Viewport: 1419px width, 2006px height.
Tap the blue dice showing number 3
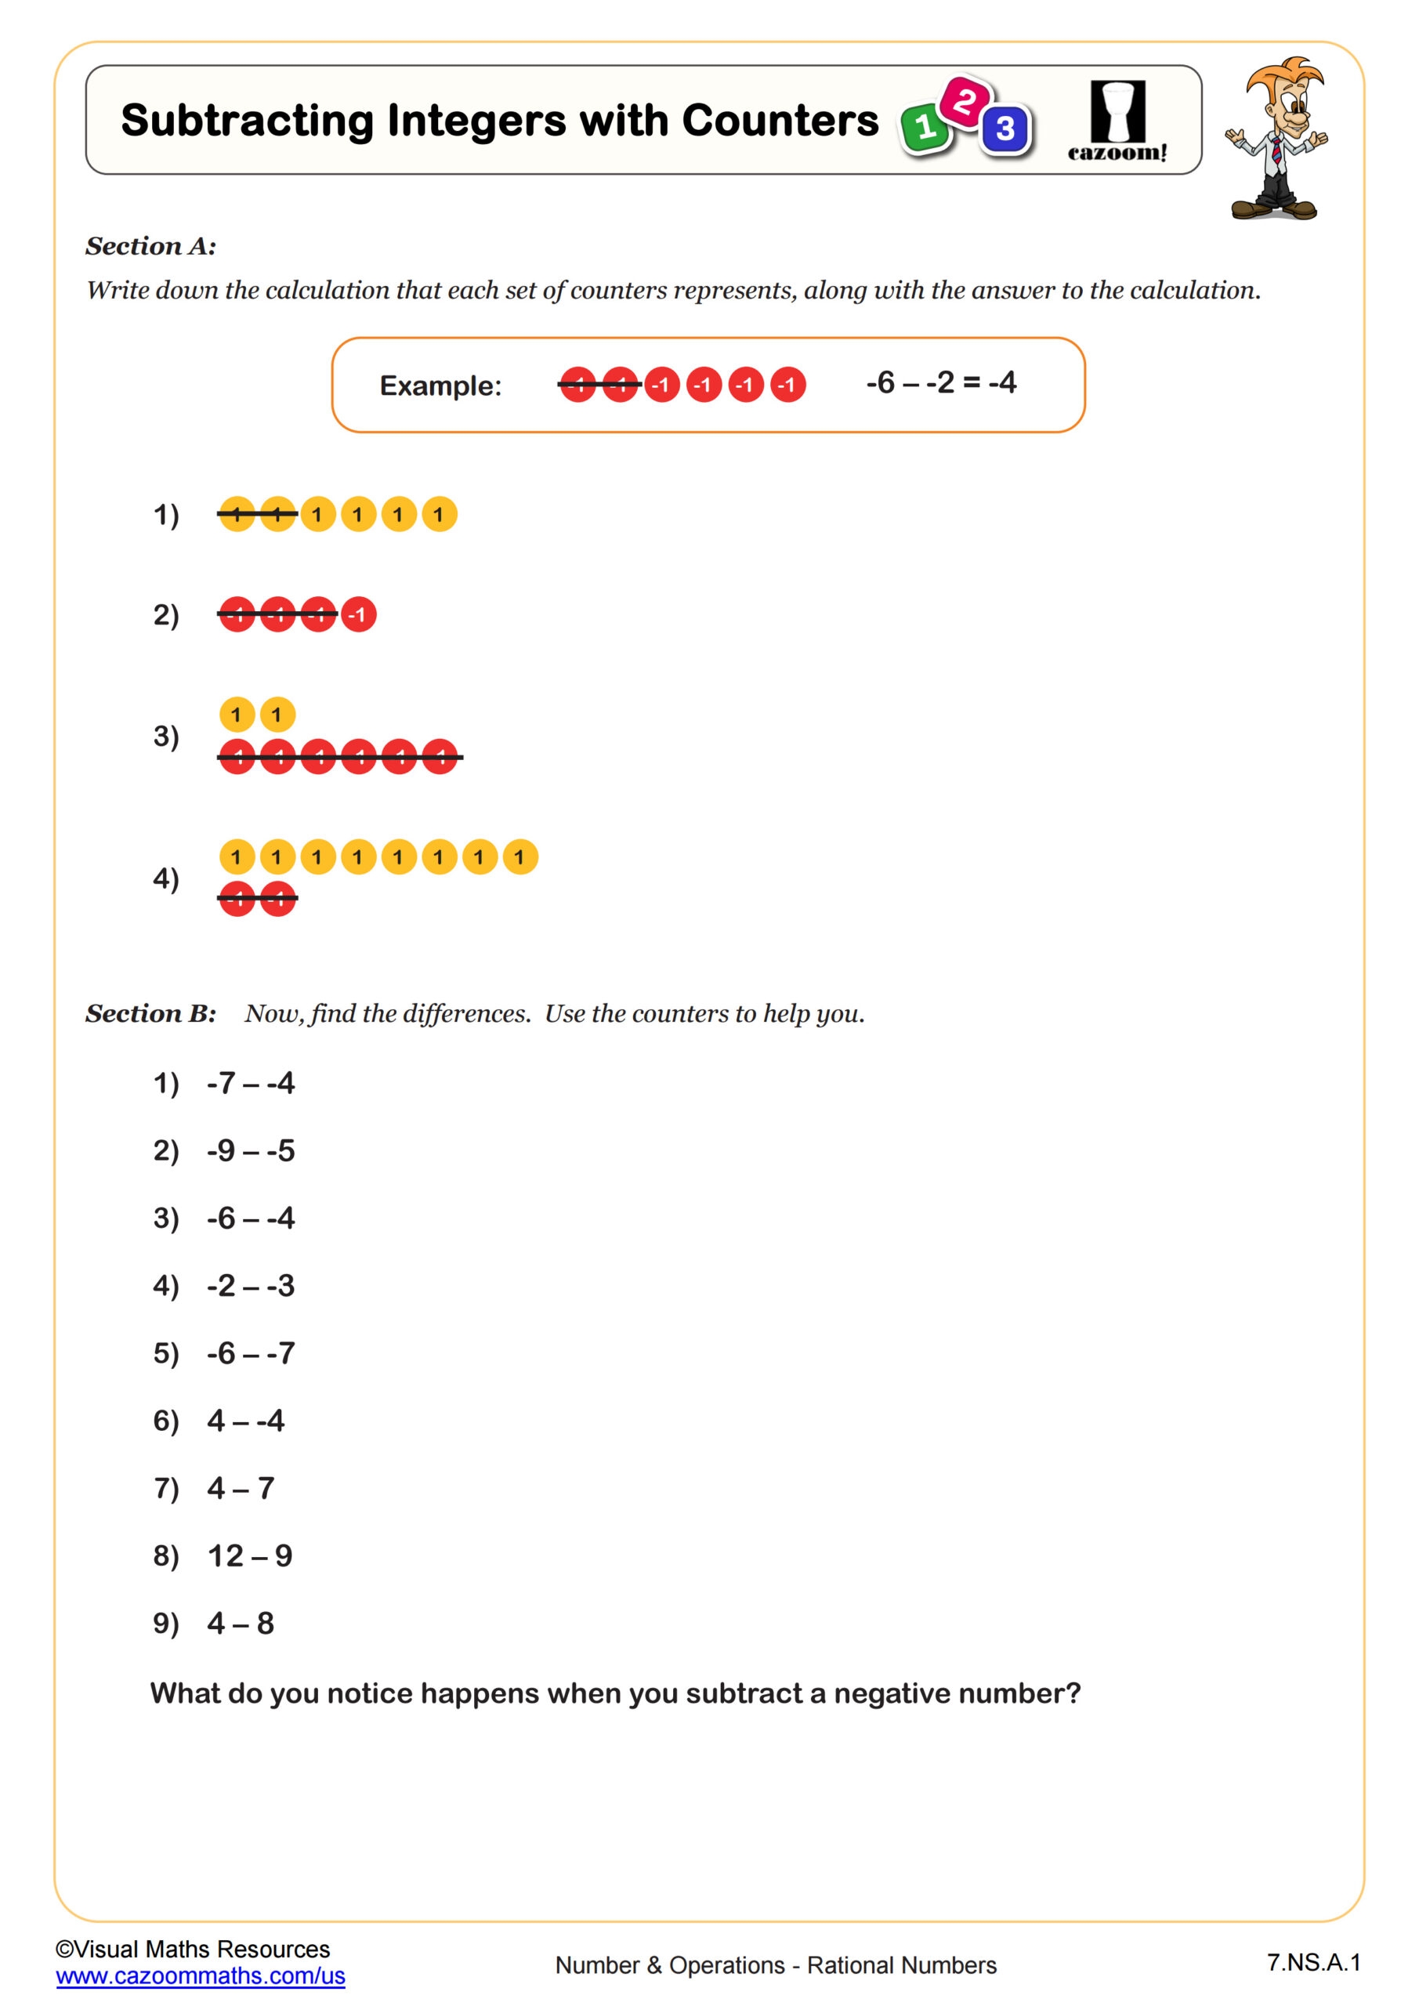[x=1005, y=129]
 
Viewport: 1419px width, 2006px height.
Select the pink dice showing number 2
[x=965, y=101]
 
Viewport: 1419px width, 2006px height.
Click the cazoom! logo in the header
[x=1117, y=122]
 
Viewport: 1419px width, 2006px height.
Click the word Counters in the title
[x=780, y=121]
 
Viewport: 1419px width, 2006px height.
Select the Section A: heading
[x=150, y=246]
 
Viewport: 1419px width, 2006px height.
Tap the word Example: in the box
[x=440, y=386]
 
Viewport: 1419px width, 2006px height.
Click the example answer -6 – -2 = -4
[x=941, y=382]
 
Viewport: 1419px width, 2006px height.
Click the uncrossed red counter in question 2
[x=358, y=614]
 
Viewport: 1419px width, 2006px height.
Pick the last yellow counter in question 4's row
[x=520, y=857]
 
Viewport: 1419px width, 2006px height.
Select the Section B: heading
[x=150, y=1013]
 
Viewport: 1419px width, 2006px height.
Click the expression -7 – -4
[x=251, y=1084]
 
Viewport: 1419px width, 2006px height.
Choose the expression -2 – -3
[x=251, y=1286]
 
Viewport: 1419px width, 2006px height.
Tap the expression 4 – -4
[x=245, y=1421]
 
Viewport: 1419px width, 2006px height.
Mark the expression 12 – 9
[x=250, y=1556]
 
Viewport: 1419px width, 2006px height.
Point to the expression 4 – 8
[x=241, y=1624]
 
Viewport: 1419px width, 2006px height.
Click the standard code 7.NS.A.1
[x=1313, y=1962]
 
